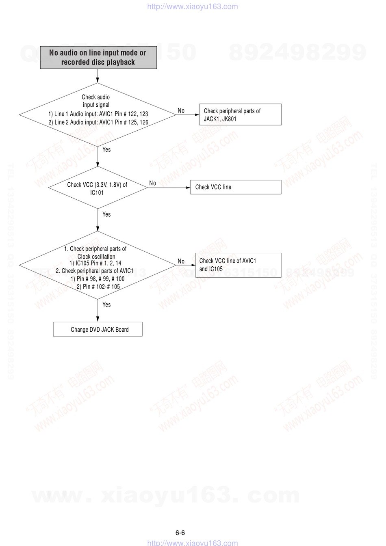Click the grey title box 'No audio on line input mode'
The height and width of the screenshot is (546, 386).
point(98,57)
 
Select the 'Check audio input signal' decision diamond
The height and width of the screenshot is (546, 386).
point(98,115)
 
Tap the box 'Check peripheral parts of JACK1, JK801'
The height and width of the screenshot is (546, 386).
point(240,114)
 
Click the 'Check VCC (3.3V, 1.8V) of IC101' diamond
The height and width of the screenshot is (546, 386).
point(98,188)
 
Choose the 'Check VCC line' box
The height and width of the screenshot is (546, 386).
point(236,187)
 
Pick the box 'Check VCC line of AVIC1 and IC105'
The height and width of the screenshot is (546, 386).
point(239,265)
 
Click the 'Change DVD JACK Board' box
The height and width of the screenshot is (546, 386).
point(98,329)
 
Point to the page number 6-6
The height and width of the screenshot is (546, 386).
point(180,533)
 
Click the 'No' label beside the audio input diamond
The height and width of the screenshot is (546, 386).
point(181,111)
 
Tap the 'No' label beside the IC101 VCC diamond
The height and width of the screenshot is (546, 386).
point(152,183)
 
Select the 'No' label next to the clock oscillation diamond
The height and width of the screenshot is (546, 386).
point(181,261)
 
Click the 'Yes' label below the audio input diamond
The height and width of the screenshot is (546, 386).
point(106,149)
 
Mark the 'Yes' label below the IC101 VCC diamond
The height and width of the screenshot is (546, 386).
point(106,214)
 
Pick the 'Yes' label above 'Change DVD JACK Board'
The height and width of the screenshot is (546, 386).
point(106,304)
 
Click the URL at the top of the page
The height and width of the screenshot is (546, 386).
point(193,6)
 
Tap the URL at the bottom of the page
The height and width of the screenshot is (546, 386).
point(193,543)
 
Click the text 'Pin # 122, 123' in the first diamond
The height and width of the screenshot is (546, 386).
point(131,114)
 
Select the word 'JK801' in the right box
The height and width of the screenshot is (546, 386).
point(229,119)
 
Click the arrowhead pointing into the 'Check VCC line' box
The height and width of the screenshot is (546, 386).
point(188,188)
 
